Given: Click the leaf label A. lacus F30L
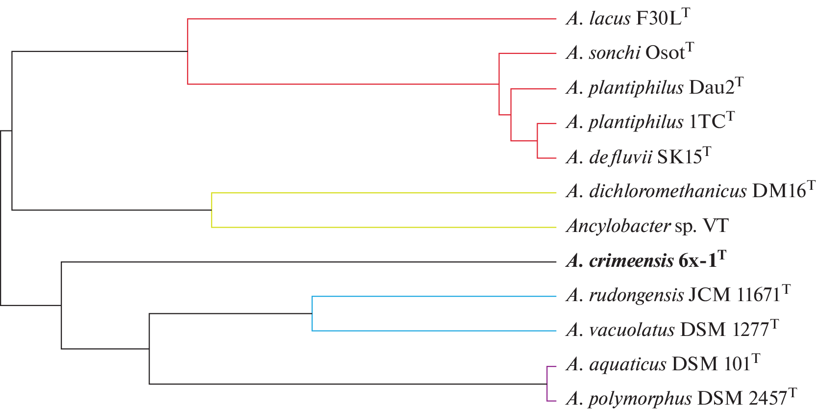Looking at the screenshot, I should pyautogui.click(x=627, y=19).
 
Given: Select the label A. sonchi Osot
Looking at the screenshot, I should pyautogui.click(x=629, y=53).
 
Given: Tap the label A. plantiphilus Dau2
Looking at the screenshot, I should pyautogui.click(x=654, y=88).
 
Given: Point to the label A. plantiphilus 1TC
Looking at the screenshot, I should pyautogui.click(x=650, y=122).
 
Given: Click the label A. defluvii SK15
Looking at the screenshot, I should pyautogui.click(x=638, y=157).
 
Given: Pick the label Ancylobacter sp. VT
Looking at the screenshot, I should pyautogui.click(x=647, y=226).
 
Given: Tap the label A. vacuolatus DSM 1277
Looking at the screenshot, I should pyautogui.click(x=671, y=330).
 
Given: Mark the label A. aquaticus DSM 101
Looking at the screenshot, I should pyautogui.click(x=662, y=364).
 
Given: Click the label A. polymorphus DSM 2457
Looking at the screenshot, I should pyautogui.click(x=681, y=399).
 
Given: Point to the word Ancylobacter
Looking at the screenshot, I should pyautogui.click(x=618, y=226).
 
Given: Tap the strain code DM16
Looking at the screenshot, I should pyautogui.click(x=779, y=191).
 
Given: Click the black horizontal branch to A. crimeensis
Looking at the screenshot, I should pyautogui.click(x=308, y=262).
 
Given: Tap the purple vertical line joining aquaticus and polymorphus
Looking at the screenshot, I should pyautogui.click(x=547, y=384).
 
